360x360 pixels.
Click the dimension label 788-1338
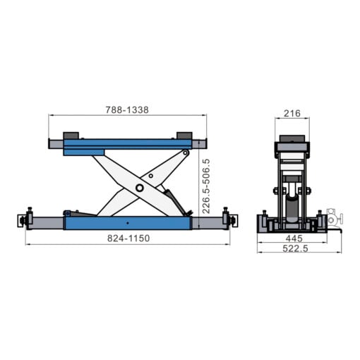[128, 110]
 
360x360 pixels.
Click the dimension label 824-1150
[128, 239]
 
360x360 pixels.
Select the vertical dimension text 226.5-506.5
[206, 186]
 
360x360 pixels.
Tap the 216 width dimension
[292, 113]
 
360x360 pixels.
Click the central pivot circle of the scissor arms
[140, 188]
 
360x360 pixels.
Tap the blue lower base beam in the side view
[127, 222]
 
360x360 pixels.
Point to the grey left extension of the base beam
[48, 222]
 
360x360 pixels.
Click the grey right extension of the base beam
[205, 222]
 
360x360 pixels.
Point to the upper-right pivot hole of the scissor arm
[184, 153]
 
